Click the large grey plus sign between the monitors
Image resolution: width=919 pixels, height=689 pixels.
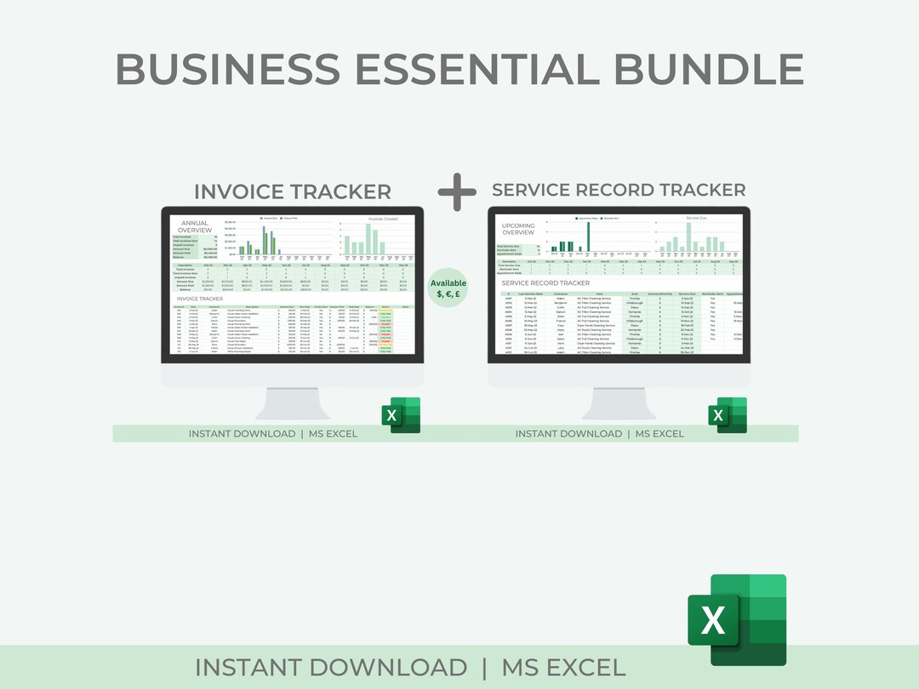tap(458, 192)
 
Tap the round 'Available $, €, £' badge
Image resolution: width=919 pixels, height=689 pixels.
tap(448, 288)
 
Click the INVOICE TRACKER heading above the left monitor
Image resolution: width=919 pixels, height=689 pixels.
tap(293, 191)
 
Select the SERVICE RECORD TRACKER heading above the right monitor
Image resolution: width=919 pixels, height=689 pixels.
tap(619, 190)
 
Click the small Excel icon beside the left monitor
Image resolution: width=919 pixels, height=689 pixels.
tap(400, 414)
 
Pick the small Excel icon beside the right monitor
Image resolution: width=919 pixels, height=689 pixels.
tap(727, 414)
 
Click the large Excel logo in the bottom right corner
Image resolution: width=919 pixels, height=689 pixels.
tap(737, 619)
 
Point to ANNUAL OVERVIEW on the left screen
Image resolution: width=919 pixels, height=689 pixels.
tap(195, 227)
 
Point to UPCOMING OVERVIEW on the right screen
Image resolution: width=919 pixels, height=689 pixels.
tap(518, 230)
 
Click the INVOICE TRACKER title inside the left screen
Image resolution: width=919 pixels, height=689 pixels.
tap(205, 299)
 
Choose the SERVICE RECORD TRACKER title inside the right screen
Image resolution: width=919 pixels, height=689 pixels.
tap(545, 282)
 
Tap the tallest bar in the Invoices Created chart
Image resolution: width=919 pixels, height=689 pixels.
tap(368, 238)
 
